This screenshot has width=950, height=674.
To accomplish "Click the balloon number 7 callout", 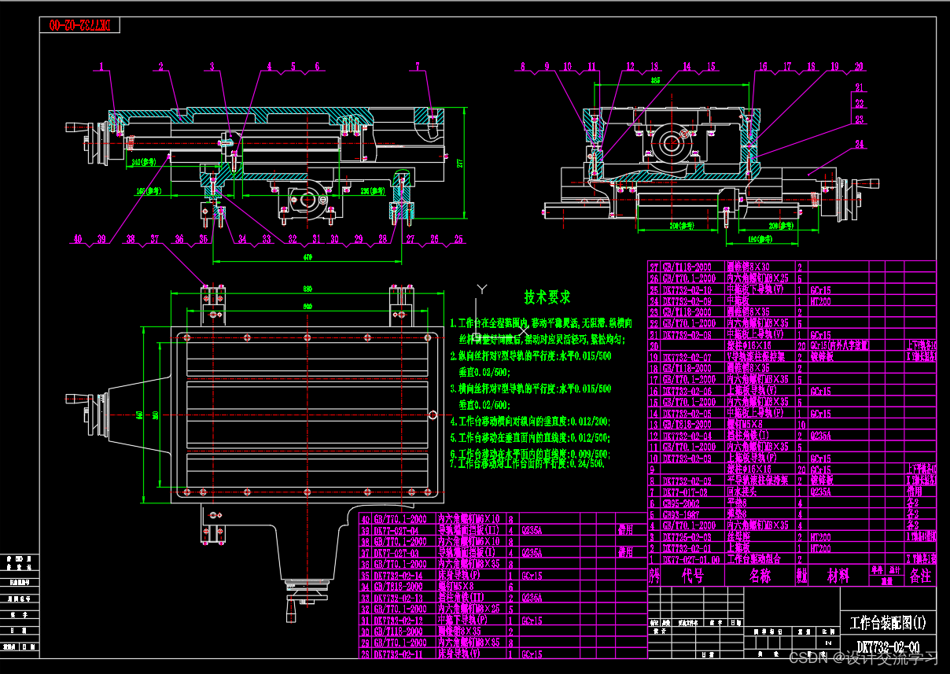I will [418, 66].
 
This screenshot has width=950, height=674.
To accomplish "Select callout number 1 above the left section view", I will [101, 66].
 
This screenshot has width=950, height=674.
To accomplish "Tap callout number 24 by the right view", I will [860, 144].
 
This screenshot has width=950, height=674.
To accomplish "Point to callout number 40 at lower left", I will [77, 238].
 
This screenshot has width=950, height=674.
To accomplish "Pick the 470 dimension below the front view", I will [308, 257].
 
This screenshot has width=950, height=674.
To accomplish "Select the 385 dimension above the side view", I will [655, 80].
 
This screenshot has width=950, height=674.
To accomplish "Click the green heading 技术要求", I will [547, 297].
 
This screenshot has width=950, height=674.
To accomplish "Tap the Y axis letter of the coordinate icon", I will [484, 288].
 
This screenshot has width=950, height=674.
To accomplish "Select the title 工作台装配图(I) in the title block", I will [888, 624].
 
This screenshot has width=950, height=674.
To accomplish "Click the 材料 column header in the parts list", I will [838, 576].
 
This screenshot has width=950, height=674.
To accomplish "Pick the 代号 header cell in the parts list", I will [692, 576].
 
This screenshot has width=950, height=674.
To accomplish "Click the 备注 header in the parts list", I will [920, 576].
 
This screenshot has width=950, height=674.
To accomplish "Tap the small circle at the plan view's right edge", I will [433, 414].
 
